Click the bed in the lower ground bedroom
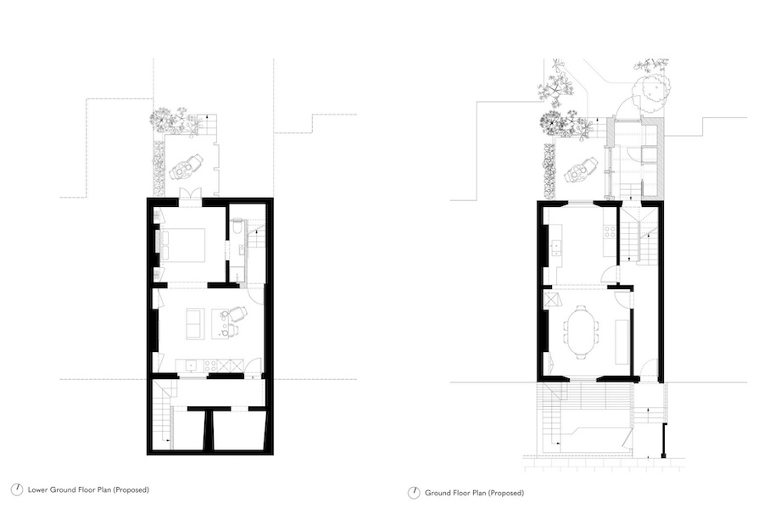coord(181,245)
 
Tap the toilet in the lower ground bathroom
coord(236,228)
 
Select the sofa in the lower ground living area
coord(195,324)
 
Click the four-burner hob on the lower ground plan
coord(211,365)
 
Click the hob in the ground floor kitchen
coord(610,232)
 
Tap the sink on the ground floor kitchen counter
coord(556,249)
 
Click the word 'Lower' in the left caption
coord(38,489)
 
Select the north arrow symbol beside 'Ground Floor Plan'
coord(414,493)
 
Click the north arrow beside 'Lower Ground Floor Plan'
coord(17,489)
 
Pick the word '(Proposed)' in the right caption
coord(506,493)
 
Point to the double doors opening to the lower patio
coord(189,193)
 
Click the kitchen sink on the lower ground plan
coord(190,365)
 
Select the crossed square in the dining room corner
coord(551,299)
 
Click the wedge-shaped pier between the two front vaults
coord(209,429)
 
